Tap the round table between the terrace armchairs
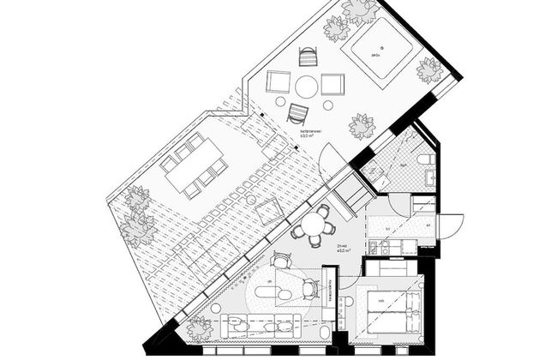click(306, 86)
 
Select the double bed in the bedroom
click(390, 310)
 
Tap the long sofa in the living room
click(261, 327)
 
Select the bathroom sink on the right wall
click(431, 177)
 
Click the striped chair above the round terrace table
click(308, 57)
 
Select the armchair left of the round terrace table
click(278, 82)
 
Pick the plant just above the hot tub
click(357, 10)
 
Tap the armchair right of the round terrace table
click(332, 84)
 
